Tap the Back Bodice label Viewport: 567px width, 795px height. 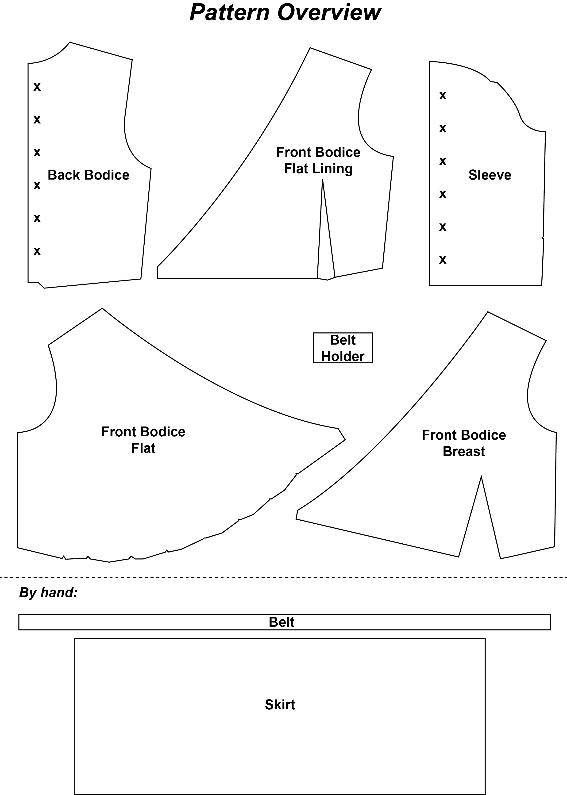[x=88, y=175]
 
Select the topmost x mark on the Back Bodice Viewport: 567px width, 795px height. [x=37, y=87]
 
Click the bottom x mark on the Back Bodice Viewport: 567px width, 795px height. [x=37, y=251]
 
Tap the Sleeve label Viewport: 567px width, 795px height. [x=490, y=175]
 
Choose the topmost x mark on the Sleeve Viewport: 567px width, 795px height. [x=443, y=95]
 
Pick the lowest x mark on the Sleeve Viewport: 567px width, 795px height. [x=443, y=260]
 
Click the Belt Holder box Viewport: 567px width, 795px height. [x=343, y=348]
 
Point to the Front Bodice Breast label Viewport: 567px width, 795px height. [x=464, y=443]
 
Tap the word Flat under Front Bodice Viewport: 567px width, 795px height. [x=143, y=448]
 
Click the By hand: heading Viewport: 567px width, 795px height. [x=48, y=593]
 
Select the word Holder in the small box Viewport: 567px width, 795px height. [x=343, y=356]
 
